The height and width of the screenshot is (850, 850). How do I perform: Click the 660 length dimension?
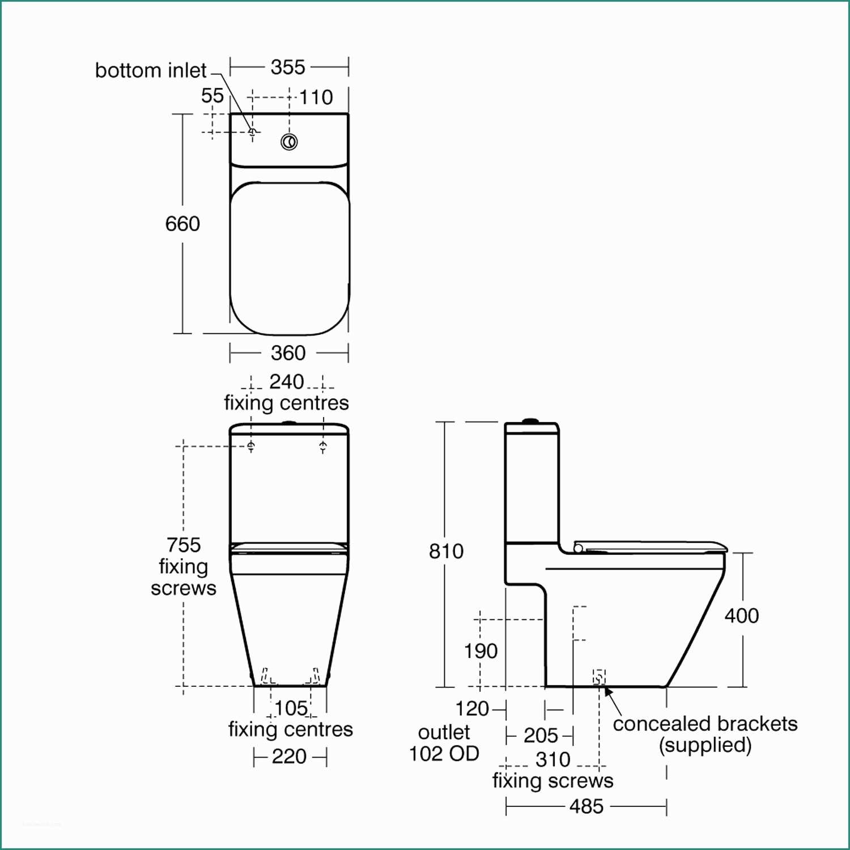tap(182, 224)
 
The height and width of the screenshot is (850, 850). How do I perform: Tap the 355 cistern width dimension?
tap(288, 67)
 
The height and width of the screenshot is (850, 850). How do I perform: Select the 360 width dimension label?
tap(288, 353)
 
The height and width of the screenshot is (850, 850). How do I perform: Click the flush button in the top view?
tap(289, 141)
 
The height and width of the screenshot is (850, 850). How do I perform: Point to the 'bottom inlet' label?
tap(151, 70)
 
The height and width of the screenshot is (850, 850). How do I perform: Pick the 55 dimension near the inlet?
tap(212, 96)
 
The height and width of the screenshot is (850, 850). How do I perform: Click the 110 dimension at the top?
tap(316, 97)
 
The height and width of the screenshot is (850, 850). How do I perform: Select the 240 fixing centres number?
tap(287, 382)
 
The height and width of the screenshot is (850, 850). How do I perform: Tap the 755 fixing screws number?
tap(184, 545)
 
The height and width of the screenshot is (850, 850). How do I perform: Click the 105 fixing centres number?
tap(291, 708)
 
